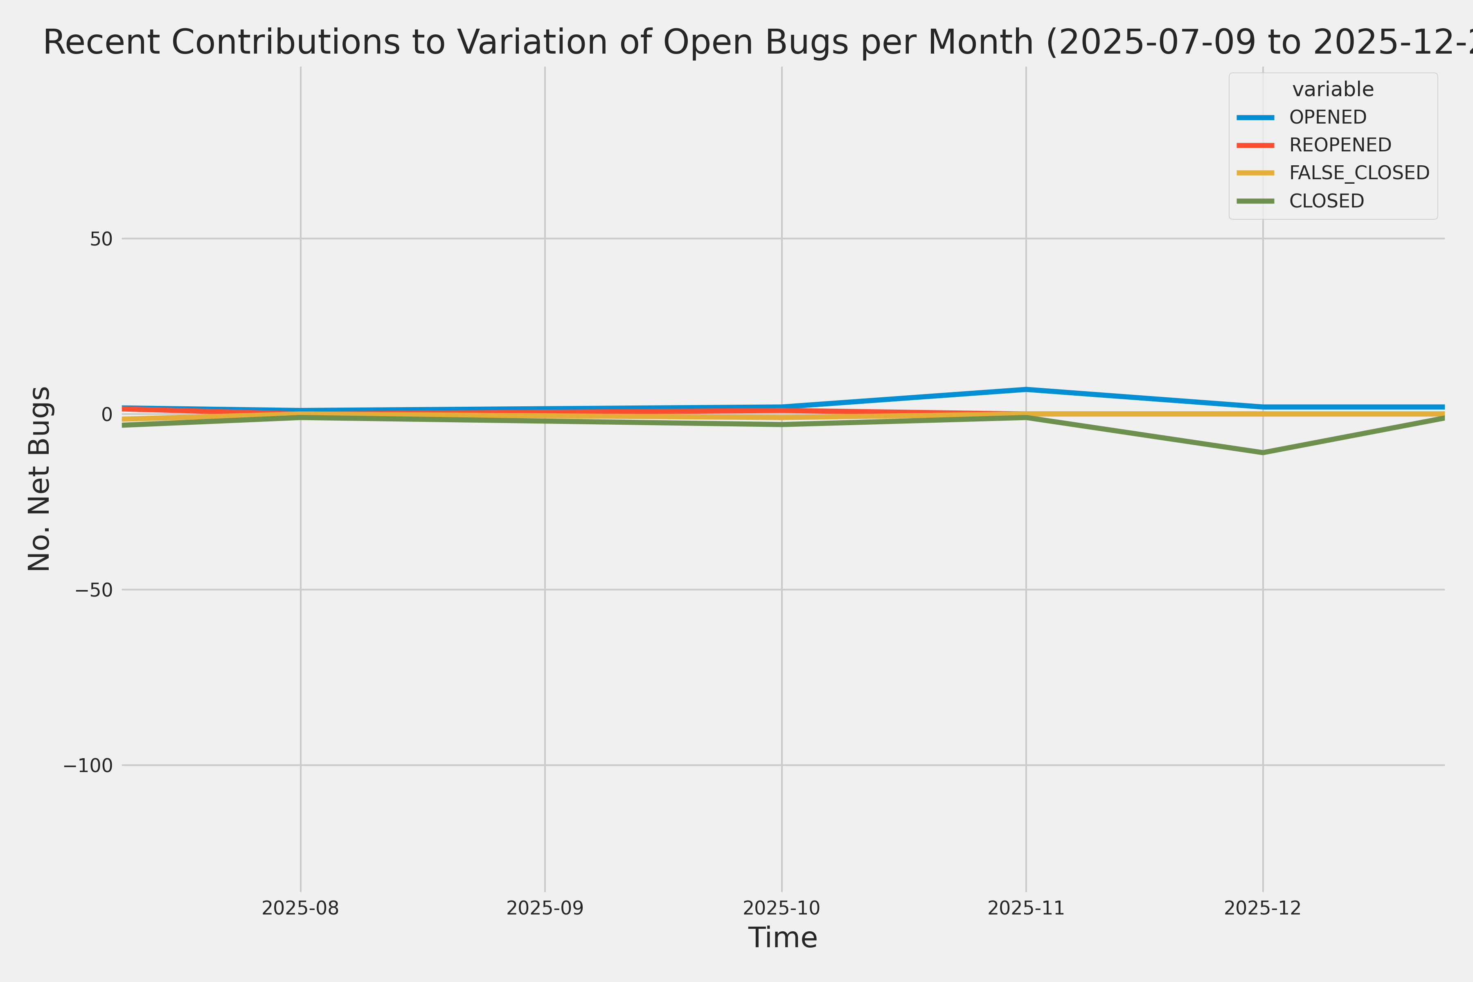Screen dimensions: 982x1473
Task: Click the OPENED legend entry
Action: click(x=1328, y=117)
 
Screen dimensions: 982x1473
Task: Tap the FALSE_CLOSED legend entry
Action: click(x=1359, y=173)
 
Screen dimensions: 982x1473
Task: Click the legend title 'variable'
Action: click(x=1333, y=90)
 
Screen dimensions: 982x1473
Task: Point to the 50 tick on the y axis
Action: click(x=101, y=239)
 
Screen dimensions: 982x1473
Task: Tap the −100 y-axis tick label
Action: click(x=88, y=765)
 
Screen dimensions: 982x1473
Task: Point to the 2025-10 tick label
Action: click(x=782, y=908)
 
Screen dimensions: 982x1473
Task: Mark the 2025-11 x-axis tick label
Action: click(x=1026, y=908)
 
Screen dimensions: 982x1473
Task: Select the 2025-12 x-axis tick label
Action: click(x=1263, y=908)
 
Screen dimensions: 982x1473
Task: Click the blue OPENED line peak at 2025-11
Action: click(x=1026, y=390)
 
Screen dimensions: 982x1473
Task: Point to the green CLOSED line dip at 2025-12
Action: click(x=1263, y=452)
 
